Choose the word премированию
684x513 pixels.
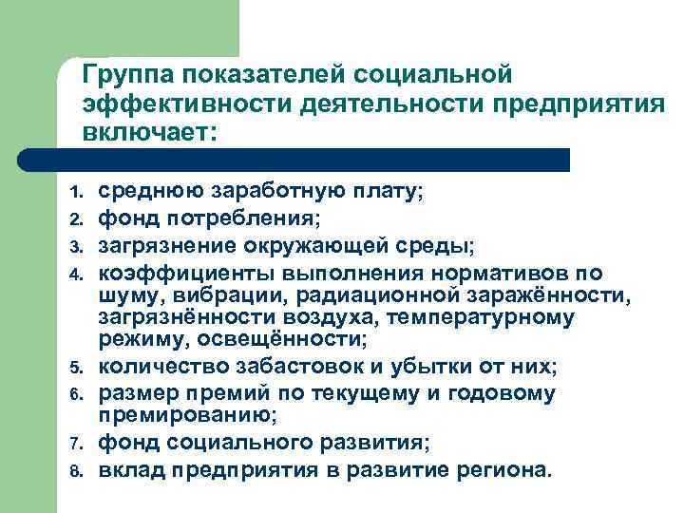(186, 415)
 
